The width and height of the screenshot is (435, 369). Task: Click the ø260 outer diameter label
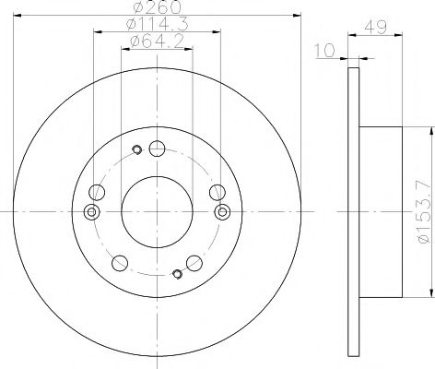coord(156,8)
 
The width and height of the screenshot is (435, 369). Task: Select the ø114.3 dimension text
coord(156,25)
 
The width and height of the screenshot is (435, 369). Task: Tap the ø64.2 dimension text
coord(156,42)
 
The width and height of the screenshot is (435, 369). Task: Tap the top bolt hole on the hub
coord(156,149)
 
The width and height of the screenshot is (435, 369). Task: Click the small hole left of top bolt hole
coord(136,151)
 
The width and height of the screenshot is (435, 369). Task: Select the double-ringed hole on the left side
coord(90,211)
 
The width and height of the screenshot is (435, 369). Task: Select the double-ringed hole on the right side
coord(221,211)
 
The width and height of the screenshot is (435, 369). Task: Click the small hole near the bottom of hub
coord(176,272)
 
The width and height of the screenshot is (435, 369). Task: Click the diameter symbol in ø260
coord(136,8)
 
